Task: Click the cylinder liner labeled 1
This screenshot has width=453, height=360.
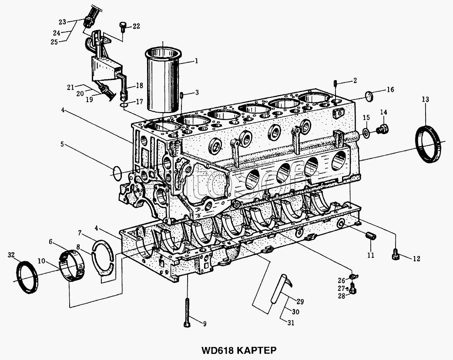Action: tap(164, 80)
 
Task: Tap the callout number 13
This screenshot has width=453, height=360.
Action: tap(425, 100)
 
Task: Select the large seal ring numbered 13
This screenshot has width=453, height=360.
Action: tap(429, 144)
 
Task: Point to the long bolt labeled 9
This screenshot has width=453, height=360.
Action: tap(187, 313)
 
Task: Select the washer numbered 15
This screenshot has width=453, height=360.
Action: tap(366, 133)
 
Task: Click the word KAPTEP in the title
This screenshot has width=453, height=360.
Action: tap(257, 350)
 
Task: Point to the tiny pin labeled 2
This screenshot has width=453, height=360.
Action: tap(335, 83)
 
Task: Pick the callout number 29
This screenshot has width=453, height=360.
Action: tap(300, 302)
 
